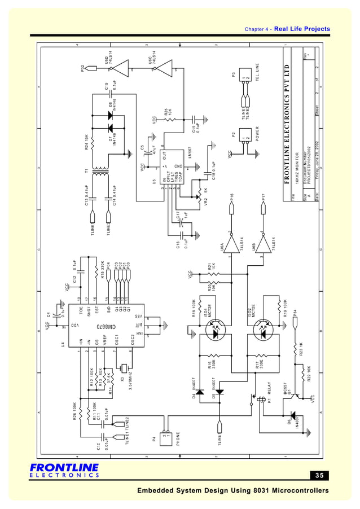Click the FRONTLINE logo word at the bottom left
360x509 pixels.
[x=64, y=468]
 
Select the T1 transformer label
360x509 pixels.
[x=87, y=170]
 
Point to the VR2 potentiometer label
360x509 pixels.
[x=206, y=203]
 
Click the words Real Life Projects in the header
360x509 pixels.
[x=302, y=29]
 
